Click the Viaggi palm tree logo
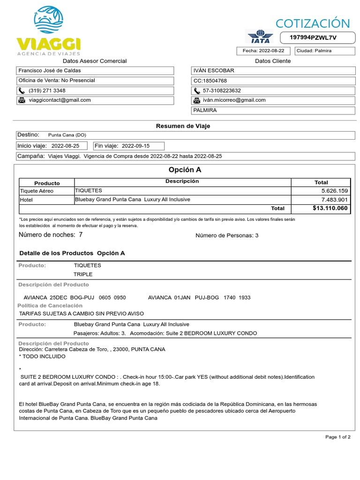(48, 21)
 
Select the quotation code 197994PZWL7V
(314, 37)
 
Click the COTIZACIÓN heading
(313, 23)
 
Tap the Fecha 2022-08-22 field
(263, 51)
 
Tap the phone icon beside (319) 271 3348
(22, 90)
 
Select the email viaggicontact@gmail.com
(60, 100)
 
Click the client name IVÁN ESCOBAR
(214, 71)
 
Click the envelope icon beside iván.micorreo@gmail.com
(197, 100)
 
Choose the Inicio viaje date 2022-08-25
(65, 146)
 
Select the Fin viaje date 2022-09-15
(136, 146)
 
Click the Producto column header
(47, 183)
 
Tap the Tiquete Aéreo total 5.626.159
(334, 191)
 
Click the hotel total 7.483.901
(334, 200)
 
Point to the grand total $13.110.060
(330, 208)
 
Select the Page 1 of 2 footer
(337, 437)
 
